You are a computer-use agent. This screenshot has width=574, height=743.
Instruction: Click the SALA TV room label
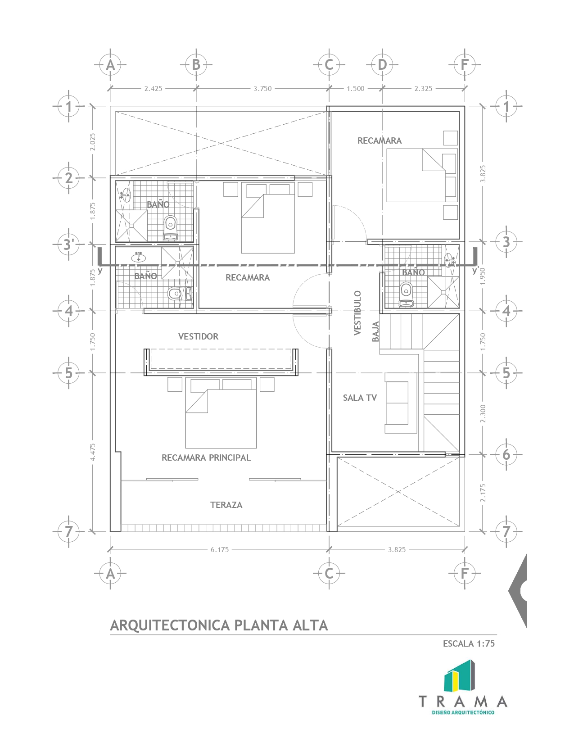click(360, 398)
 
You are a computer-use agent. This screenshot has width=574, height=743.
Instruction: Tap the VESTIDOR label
click(198, 336)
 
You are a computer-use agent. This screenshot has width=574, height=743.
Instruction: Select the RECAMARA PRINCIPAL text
click(206, 458)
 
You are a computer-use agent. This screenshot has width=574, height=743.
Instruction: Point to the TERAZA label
click(226, 505)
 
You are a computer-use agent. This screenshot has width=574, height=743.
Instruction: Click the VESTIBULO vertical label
click(357, 313)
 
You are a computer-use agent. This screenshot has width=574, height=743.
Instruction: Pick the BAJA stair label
click(376, 331)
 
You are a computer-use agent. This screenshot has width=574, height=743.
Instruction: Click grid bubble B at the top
click(196, 64)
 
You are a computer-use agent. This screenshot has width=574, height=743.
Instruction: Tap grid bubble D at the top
click(382, 64)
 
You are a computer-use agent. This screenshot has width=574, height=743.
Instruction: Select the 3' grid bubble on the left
click(69, 245)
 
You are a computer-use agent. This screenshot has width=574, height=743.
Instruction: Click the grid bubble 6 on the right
click(506, 455)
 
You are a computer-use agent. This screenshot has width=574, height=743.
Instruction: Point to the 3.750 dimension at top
click(262, 89)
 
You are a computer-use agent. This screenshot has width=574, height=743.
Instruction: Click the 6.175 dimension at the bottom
click(220, 550)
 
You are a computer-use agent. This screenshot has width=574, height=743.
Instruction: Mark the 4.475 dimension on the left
click(93, 453)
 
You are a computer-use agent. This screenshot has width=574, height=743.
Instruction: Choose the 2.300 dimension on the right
click(483, 413)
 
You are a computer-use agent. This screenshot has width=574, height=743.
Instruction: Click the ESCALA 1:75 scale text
click(469, 643)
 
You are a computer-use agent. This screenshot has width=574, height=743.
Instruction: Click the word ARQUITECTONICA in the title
click(170, 625)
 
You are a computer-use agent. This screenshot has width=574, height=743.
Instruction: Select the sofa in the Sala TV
click(397, 403)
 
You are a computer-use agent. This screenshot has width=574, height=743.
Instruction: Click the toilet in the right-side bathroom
click(406, 294)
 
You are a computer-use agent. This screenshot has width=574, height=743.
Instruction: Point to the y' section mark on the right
click(475, 271)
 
